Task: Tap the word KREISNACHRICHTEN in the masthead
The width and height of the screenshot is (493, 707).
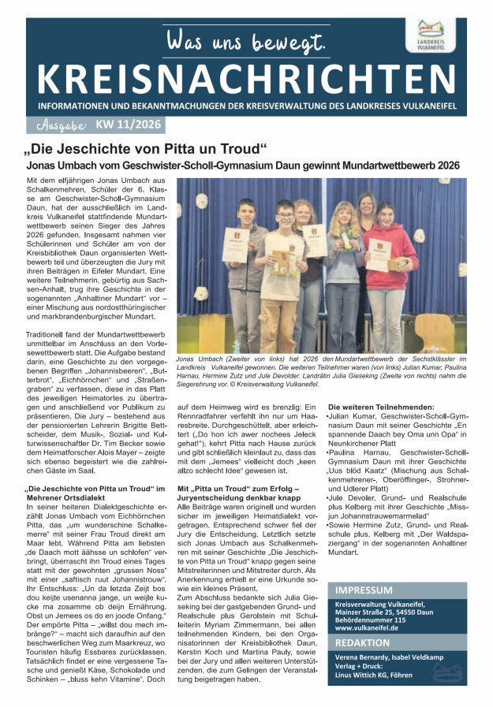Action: click(246, 77)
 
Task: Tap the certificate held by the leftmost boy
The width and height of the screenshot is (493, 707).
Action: click(235, 244)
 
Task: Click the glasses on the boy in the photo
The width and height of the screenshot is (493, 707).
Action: click(285, 214)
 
